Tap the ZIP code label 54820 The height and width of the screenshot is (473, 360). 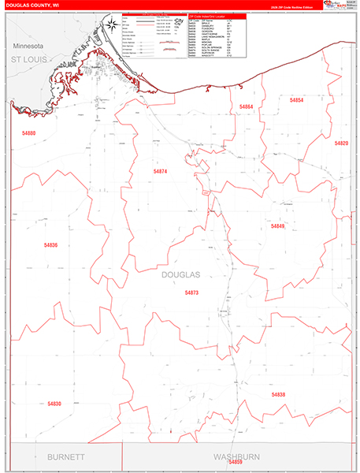(340, 143)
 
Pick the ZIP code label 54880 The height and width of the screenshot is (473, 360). (28, 133)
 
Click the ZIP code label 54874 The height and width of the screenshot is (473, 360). (161, 171)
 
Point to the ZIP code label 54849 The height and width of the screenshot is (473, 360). (277, 226)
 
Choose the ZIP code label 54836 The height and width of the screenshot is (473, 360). (51, 245)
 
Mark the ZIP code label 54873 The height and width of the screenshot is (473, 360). (191, 292)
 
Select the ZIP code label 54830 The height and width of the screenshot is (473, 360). (54, 403)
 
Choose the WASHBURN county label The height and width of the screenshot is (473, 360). (236, 457)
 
